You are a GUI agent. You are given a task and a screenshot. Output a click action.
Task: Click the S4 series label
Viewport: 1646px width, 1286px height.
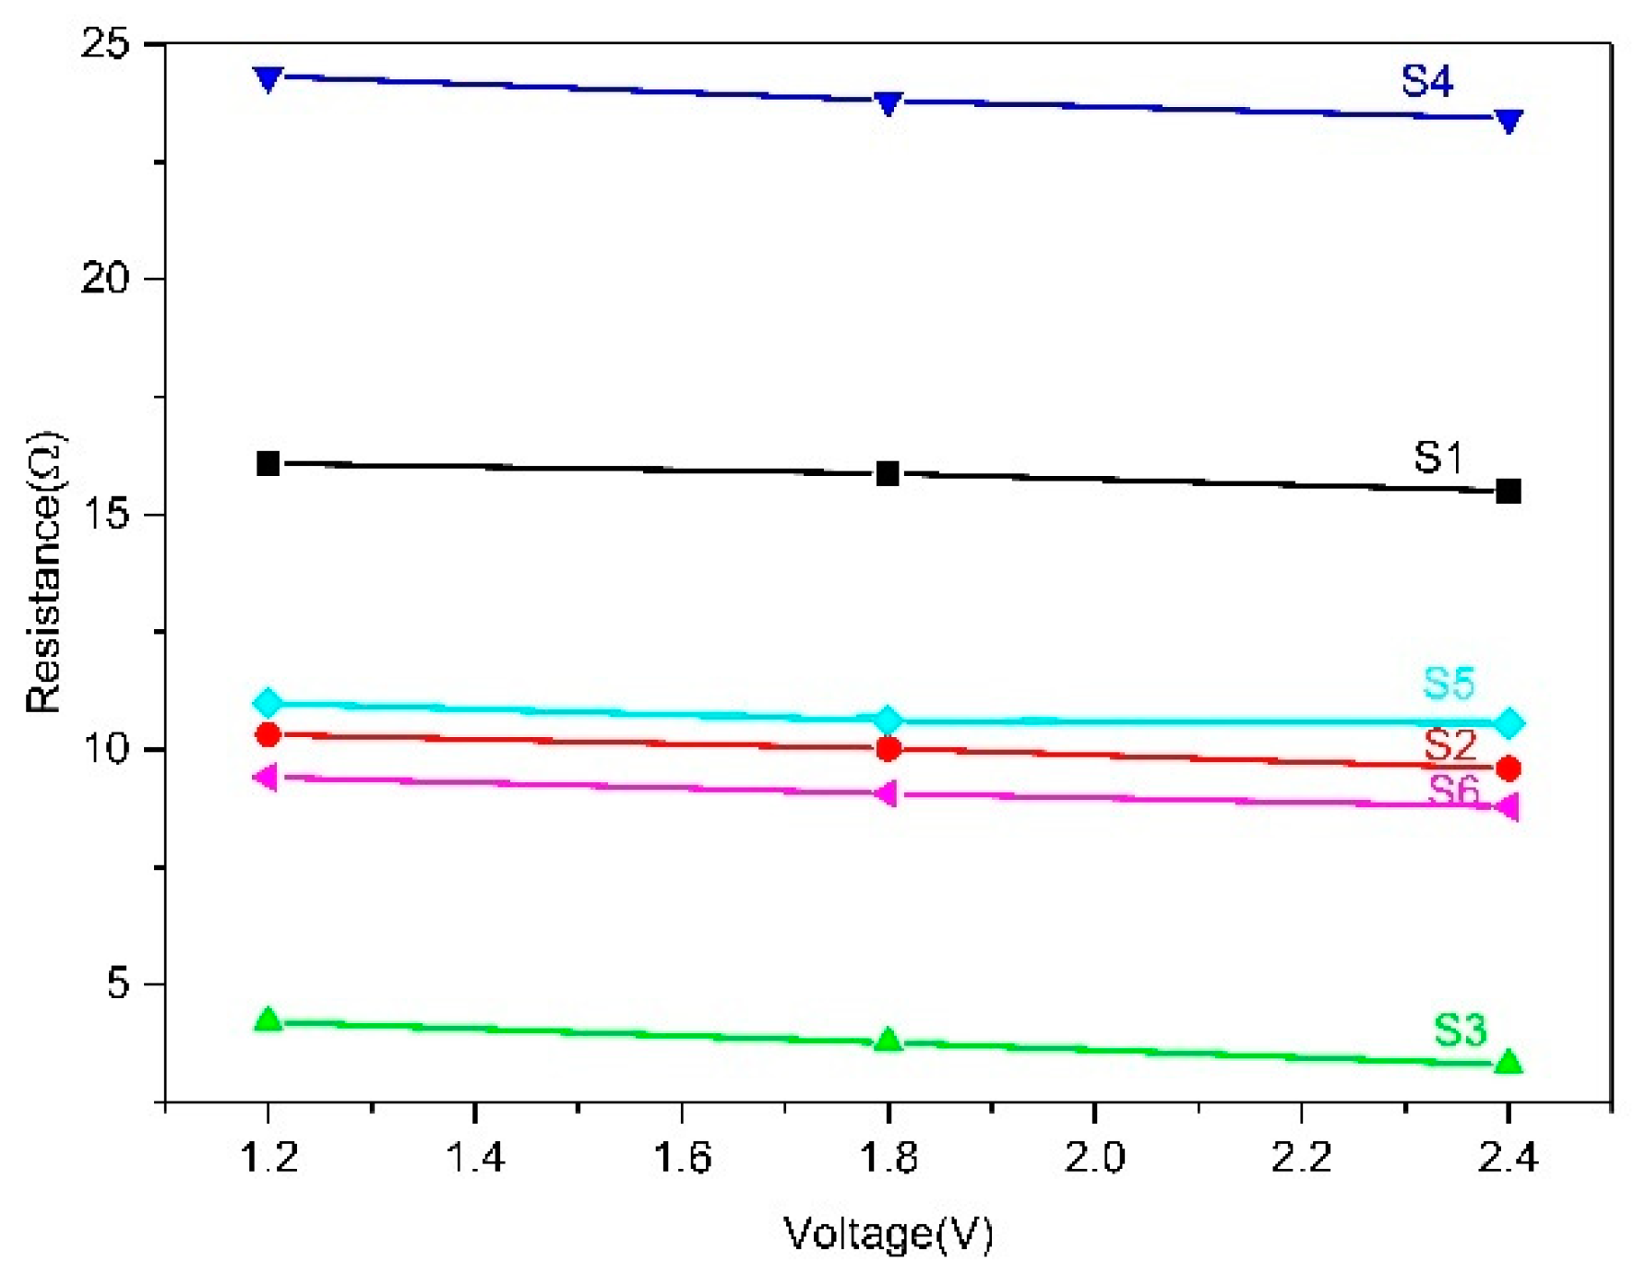click(1426, 81)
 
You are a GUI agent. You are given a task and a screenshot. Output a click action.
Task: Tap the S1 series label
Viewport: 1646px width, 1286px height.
click(1437, 458)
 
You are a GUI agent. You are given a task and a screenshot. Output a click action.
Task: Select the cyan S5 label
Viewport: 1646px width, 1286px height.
click(1449, 684)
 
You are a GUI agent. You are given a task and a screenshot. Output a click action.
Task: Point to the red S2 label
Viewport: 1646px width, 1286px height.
click(1450, 744)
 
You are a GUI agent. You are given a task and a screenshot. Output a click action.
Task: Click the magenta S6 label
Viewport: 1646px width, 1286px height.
click(1453, 790)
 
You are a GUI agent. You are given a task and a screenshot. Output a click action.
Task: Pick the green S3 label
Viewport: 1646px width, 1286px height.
click(1460, 1030)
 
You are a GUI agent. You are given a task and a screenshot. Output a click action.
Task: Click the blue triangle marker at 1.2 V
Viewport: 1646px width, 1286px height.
click(268, 79)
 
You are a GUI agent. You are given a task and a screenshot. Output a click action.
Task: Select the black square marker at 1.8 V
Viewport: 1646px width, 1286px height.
click(888, 474)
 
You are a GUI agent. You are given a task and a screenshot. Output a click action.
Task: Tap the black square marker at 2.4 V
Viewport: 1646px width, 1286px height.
click(1508, 491)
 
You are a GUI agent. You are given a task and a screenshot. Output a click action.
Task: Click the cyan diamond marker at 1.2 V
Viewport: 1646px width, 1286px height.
click(268, 703)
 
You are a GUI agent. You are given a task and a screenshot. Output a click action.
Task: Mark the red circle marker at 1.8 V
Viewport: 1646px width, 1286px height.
click(888, 748)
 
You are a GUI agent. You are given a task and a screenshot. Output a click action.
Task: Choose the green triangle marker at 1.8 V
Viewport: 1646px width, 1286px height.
click(888, 1040)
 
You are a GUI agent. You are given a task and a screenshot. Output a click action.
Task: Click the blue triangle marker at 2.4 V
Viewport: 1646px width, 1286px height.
click(1508, 121)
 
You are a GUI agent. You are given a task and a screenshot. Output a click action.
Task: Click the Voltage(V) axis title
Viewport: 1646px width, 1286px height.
click(888, 1234)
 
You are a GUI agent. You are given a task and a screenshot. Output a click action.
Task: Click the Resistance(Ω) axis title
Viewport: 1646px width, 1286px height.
click(43, 572)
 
